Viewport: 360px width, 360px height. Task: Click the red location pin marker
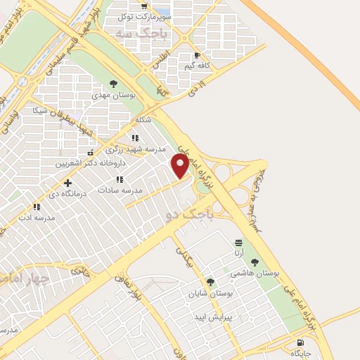coord(180,166)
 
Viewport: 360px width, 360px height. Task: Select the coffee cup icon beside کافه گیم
coord(196,55)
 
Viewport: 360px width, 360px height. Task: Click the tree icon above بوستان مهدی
coord(113,83)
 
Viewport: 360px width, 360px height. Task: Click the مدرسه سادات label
coord(120,191)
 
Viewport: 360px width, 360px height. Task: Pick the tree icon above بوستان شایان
coord(210,282)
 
